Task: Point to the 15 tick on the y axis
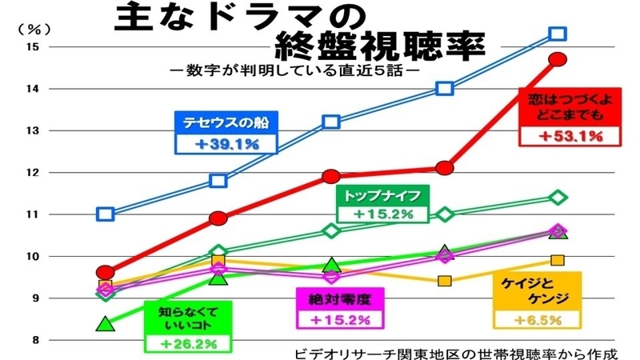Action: click(x=32, y=46)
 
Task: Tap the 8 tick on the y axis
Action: click(x=32, y=340)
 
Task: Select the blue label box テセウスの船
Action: click(x=226, y=122)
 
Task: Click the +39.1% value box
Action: click(x=226, y=144)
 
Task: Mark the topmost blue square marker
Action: click(x=558, y=34)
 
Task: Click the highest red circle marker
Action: click(x=558, y=59)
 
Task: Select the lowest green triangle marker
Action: click(x=105, y=324)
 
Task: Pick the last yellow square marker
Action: click(x=558, y=260)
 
